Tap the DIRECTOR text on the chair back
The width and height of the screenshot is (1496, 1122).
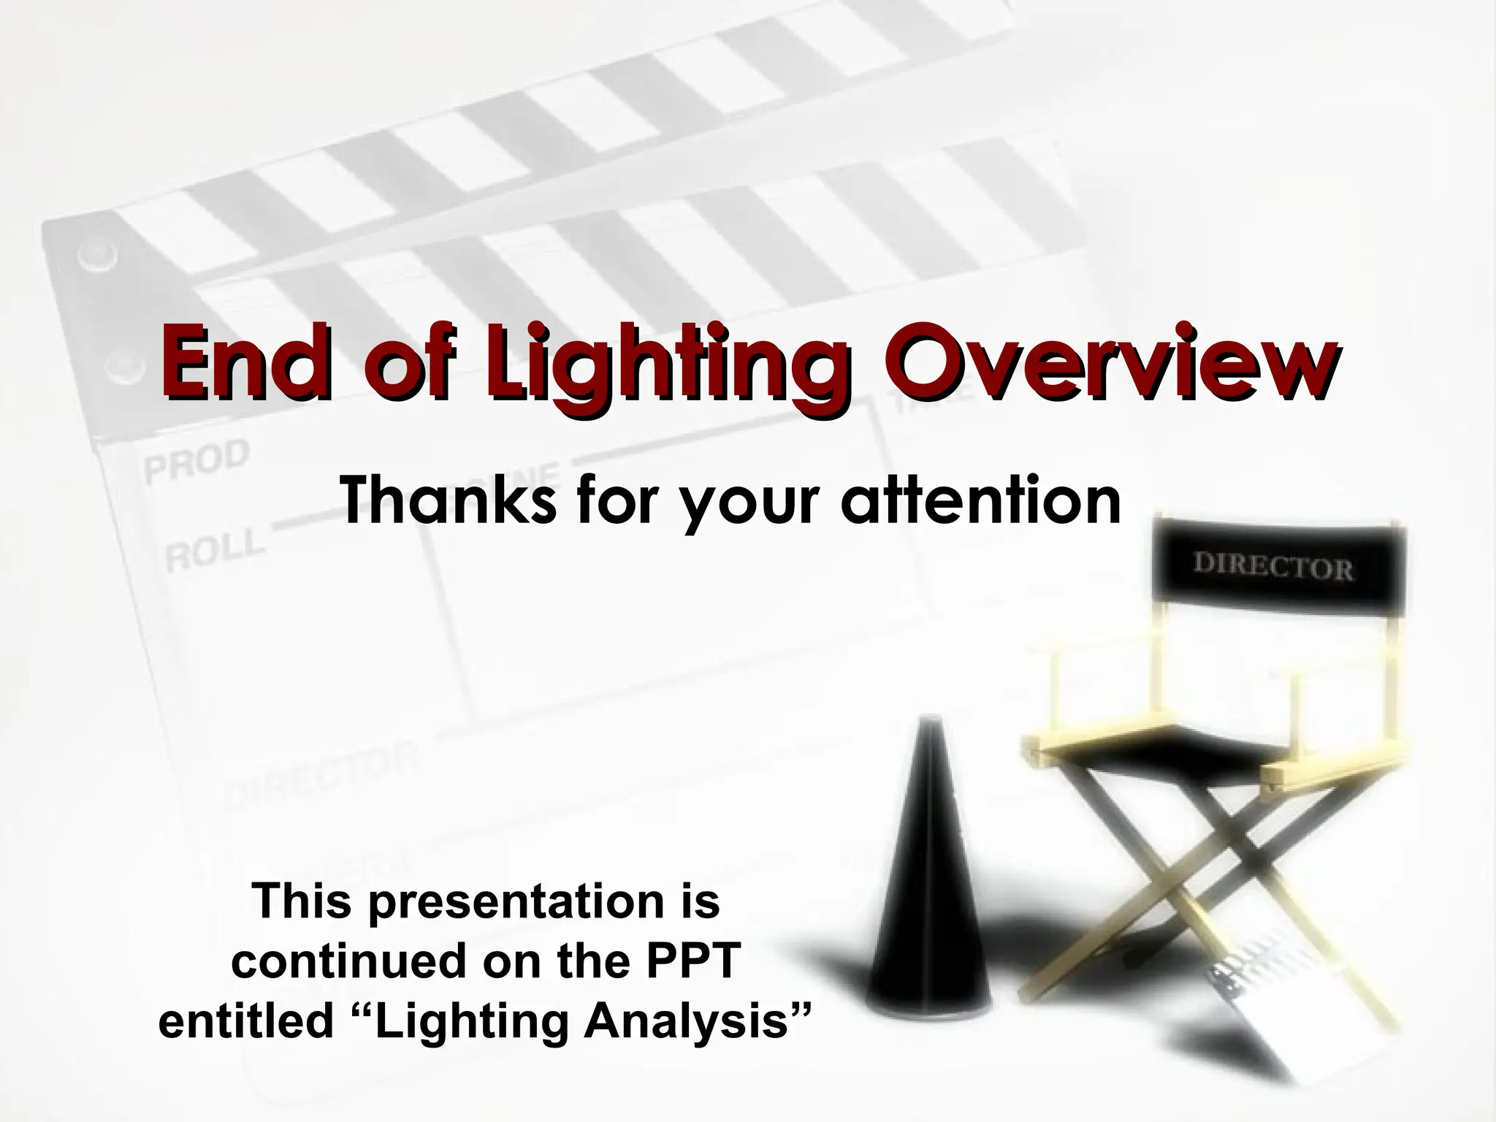[x=1272, y=568]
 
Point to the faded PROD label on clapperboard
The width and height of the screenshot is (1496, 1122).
[x=196, y=460]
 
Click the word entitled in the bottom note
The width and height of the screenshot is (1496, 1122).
[x=245, y=1021]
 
